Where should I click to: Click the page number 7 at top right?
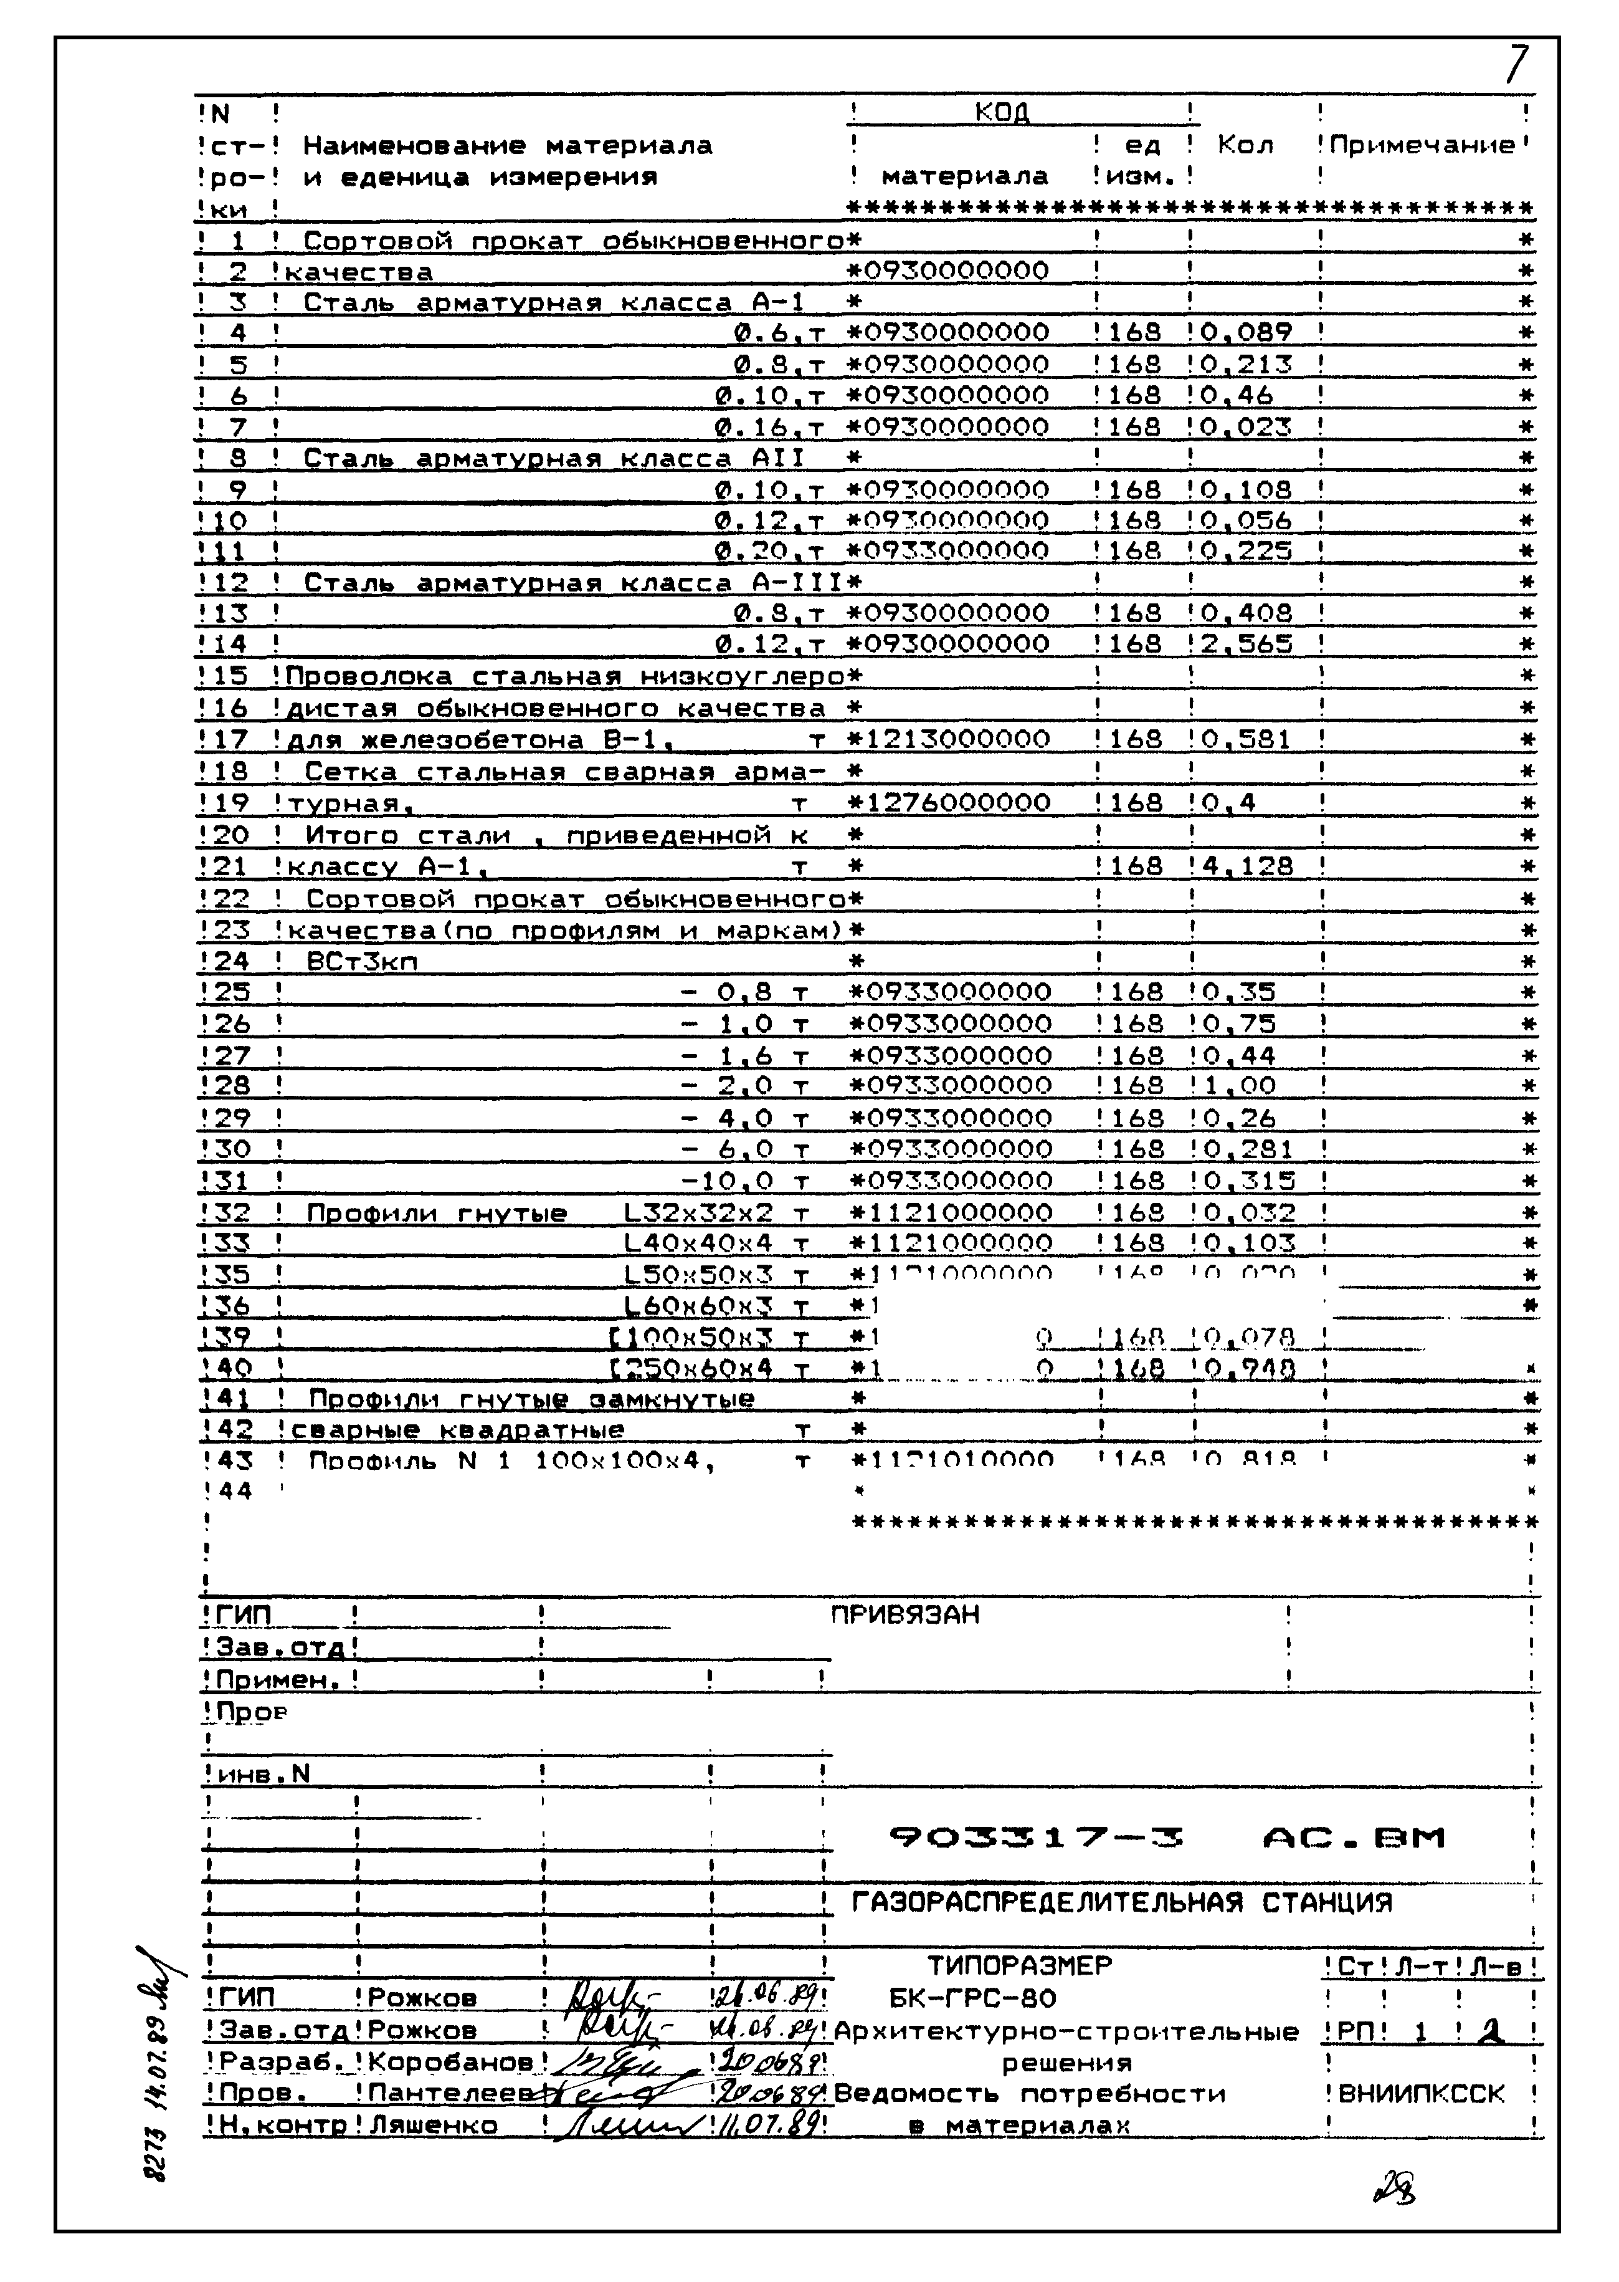[1516, 66]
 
